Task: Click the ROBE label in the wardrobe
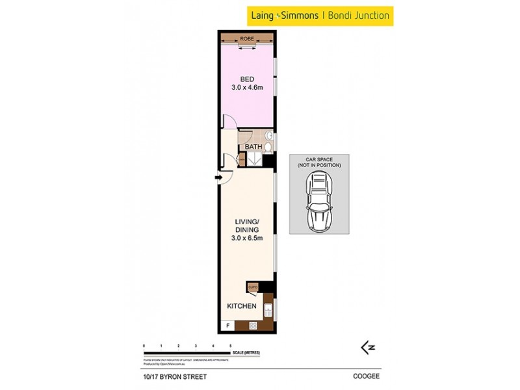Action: tap(247, 39)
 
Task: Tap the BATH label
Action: tap(253, 147)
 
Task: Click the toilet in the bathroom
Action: tap(268, 148)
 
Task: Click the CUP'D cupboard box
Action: tap(253, 287)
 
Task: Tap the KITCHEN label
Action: tap(241, 306)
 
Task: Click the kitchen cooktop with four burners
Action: tap(253, 325)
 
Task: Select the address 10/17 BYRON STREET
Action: tap(172, 375)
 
